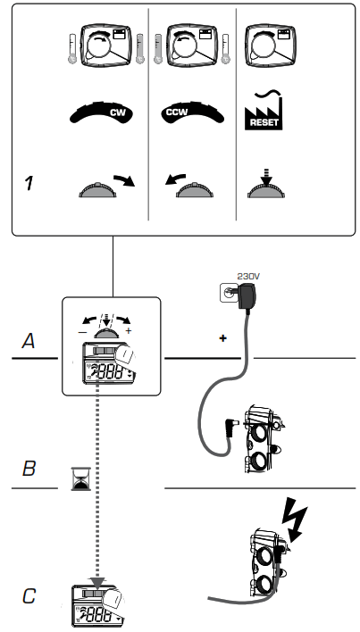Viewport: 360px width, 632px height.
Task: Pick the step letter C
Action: pyautogui.click(x=29, y=595)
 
